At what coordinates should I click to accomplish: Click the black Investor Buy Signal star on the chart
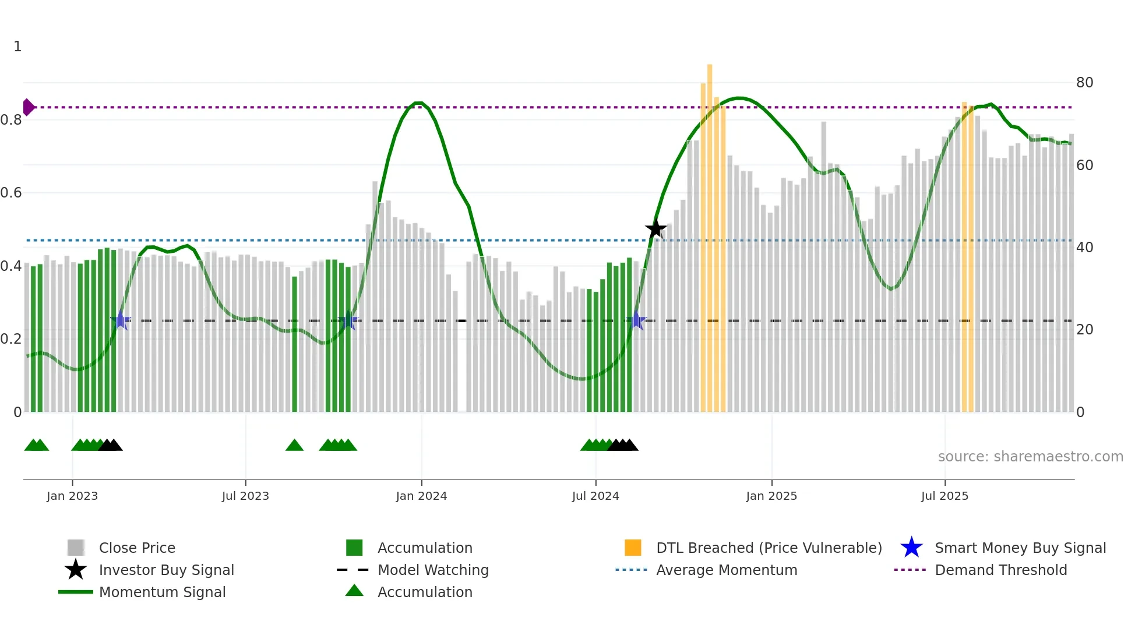[655, 229]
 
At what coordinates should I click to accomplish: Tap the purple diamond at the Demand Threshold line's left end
[28, 107]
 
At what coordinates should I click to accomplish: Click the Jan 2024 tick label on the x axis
[421, 496]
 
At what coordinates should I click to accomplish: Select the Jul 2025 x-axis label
[944, 496]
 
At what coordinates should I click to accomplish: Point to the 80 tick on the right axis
[1084, 83]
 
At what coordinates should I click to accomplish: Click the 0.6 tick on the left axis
[12, 193]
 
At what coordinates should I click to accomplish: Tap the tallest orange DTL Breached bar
[710, 233]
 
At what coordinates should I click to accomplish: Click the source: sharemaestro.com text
[1030, 457]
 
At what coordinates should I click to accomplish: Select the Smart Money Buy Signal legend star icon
[911, 548]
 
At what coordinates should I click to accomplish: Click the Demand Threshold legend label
[1000, 570]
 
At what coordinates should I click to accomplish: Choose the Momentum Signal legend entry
[162, 592]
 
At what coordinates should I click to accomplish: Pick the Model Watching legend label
[433, 570]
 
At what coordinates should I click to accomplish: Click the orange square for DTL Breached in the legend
[633, 548]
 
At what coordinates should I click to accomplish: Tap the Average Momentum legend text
[727, 570]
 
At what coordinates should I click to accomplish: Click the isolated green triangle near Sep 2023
[294, 446]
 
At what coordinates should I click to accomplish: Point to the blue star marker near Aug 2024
[636, 320]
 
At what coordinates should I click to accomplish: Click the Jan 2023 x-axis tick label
[72, 496]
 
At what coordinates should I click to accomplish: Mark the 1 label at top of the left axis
[17, 47]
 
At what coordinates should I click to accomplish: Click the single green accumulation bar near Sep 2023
[294, 344]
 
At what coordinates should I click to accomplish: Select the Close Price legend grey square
[76, 548]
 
